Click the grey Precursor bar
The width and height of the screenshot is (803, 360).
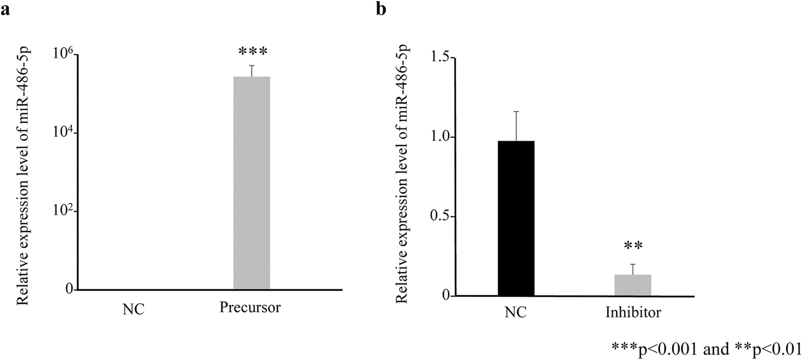coord(251,183)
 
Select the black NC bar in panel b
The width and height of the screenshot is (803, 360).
coord(516,218)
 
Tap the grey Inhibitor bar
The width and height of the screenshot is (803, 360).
coord(633,285)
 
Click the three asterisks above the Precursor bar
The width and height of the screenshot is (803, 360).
coord(252,52)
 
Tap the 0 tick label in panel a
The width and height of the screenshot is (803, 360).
coord(69,290)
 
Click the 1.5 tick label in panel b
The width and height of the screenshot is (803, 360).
coord(442,58)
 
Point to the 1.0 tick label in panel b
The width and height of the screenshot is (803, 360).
coord(442,137)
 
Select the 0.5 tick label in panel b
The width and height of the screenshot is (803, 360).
coord(442,216)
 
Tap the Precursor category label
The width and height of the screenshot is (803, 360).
coord(250,308)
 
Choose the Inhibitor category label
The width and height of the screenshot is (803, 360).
coord(633,312)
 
